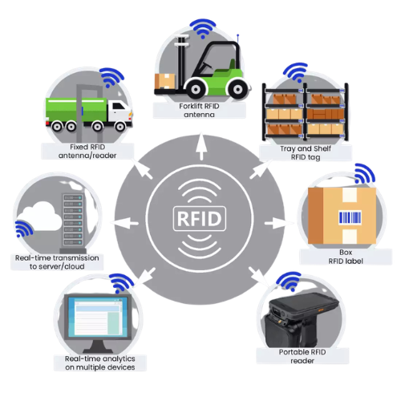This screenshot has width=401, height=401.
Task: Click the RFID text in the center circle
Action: click(x=200, y=219)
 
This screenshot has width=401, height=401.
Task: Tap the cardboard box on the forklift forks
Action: click(x=164, y=81)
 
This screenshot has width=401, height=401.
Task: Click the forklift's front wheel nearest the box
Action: click(x=196, y=89)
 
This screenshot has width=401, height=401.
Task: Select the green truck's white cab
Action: click(x=119, y=111)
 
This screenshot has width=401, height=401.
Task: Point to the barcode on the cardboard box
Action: click(x=350, y=217)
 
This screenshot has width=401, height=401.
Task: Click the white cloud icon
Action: click(x=40, y=217)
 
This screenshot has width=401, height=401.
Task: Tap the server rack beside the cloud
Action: click(x=73, y=223)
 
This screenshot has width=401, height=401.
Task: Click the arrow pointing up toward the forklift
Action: click(x=201, y=147)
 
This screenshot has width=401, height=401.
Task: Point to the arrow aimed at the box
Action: click(x=278, y=223)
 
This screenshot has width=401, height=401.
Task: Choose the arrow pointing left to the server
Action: click(x=124, y=223)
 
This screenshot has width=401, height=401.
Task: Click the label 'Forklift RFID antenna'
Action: click(x=199, y=111)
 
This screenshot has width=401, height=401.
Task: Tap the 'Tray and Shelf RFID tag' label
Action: click(x=306, y=152)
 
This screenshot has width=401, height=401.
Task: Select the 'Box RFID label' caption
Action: click(x=346, y=257)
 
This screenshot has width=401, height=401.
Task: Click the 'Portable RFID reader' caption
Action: click(x=302, y=356)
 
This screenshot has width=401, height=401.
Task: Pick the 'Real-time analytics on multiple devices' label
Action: click(x=100, y=363)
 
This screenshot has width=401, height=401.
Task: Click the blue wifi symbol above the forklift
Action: click(x=203, y=28)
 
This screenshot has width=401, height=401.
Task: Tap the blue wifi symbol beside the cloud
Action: click(x=23, y=229)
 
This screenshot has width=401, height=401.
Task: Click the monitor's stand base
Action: click(x=98, y=350)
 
